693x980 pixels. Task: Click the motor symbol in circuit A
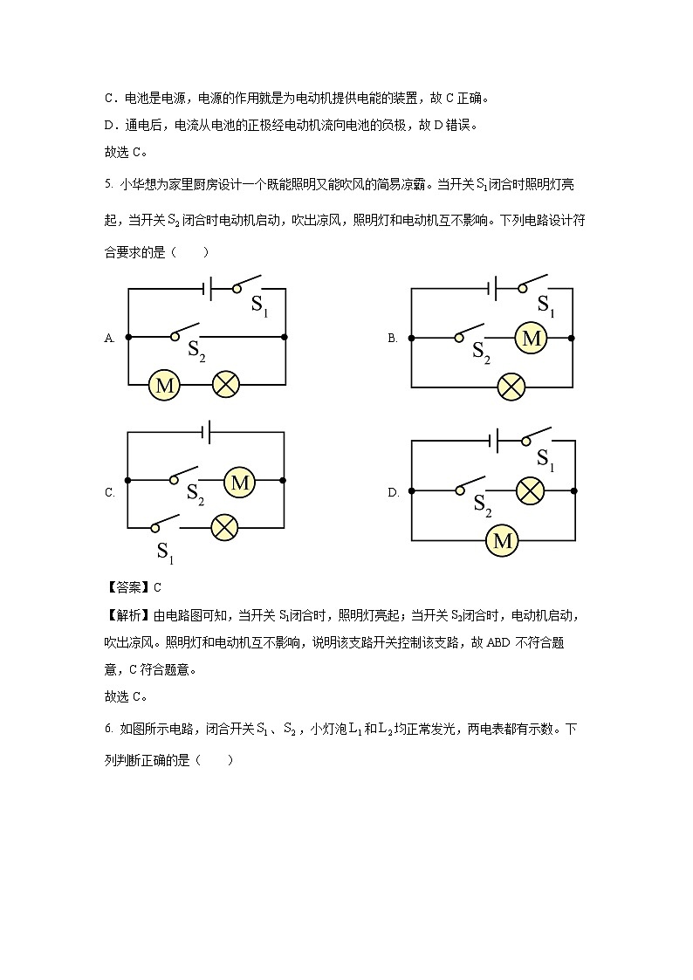[x=163, y=384]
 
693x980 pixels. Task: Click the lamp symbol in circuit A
[x=226, y=384]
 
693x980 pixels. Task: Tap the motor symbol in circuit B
[x=531, y=338]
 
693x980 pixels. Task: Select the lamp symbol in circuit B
[x=511, y=386]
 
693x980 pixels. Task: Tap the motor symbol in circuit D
[x=503, y=541]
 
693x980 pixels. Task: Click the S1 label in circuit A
[x=260, y=305]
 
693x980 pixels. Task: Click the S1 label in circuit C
[x=166, y=551]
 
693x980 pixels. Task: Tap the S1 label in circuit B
[x=546, y=305]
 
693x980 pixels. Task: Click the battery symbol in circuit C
[x=208, y=431]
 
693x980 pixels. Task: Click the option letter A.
[x=110, y=338]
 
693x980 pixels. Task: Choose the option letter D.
[x=393, y=493]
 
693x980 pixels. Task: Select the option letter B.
[x=393, y=338]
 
